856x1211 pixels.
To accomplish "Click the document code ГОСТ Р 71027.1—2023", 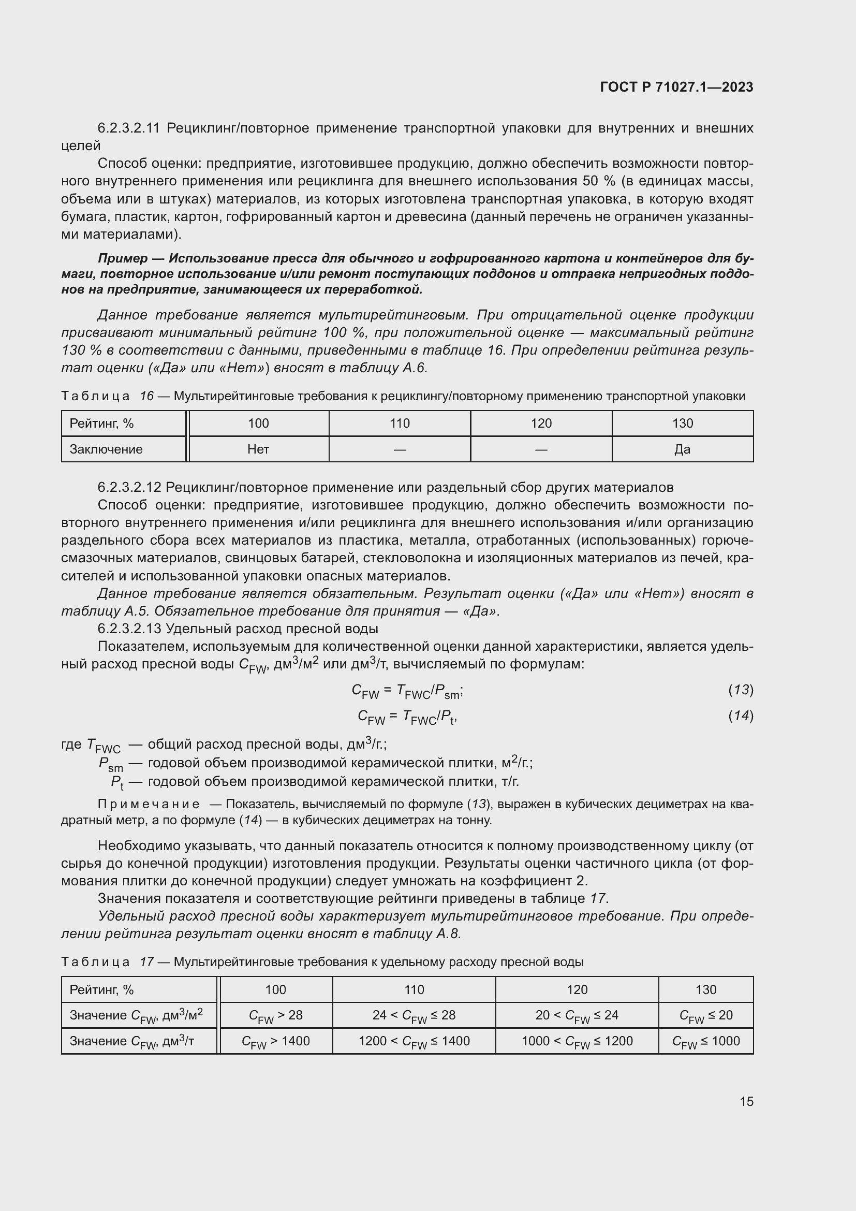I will click(676, 87).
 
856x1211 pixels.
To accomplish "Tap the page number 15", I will click(746, 1101).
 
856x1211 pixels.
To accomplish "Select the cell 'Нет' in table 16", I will click(258, 449).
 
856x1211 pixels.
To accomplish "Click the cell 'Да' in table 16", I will click(682, 449).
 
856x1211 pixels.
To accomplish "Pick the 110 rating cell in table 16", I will click(400, 424).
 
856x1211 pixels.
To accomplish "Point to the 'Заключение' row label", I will click(106, 449).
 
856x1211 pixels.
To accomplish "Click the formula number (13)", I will click(741, 689).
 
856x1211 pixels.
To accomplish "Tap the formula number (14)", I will click(741, 716).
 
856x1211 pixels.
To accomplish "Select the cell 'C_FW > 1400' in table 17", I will click(276, 1041).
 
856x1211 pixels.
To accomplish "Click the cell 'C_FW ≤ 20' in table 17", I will click(706, 1015).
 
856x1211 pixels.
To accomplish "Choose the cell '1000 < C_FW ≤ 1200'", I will click(577, 1041).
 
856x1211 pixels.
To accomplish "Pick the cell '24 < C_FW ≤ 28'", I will click(414, 1015).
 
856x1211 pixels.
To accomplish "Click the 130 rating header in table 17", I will click(706, 989).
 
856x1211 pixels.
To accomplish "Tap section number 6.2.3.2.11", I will click(129, 128).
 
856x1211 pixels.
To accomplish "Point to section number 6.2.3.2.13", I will click(129, 629).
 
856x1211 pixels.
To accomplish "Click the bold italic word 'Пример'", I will click(122, 258).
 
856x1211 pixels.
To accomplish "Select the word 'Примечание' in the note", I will click(149, 805).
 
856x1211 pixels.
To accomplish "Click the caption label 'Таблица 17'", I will click(107, 962).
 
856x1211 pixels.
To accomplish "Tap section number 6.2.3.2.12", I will click(129, 487).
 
